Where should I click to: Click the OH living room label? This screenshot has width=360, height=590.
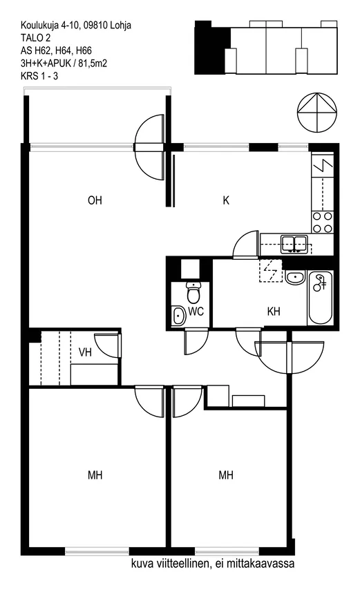point(95,200)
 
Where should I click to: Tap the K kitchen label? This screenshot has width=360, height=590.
point(226,200)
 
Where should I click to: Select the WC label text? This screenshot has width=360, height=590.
point(196,311)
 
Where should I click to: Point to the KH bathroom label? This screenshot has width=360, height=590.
point(274,311)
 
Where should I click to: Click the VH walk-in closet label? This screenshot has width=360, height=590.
point(85,352)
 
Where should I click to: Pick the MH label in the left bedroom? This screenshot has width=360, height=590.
point(95,475)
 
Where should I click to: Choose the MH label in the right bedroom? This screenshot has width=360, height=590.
point(226,475)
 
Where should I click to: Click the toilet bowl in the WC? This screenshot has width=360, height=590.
point(193,293)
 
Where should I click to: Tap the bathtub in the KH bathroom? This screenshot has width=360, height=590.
point(320,298)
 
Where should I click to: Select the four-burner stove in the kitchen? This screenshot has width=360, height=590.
point(323,222)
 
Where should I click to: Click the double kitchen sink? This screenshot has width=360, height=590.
point(294,244)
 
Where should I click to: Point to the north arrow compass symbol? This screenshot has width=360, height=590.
point(316,112)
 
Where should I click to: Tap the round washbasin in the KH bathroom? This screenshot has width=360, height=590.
point(295,278)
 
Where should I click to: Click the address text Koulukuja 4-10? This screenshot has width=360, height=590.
point(50,25)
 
